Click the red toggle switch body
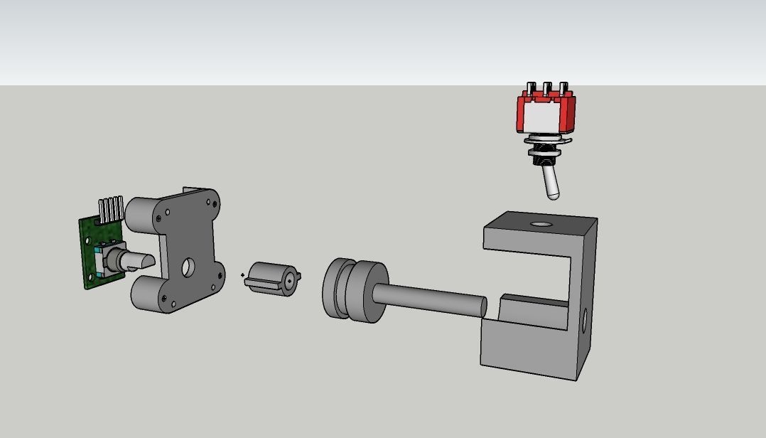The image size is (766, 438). coord(546,114)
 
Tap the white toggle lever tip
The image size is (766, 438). coord(552,190)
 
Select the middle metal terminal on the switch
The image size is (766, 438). coord(547,89)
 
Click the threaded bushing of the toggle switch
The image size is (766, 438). coord(544,154)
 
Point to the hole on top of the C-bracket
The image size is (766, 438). coord(541,224)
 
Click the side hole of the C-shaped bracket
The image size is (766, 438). coord(585,321)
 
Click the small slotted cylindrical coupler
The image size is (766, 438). coord(272,279)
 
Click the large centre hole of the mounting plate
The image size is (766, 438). coord(188,267)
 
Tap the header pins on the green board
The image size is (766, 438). coord(111,209)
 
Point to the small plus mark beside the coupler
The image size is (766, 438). coord(243,275)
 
